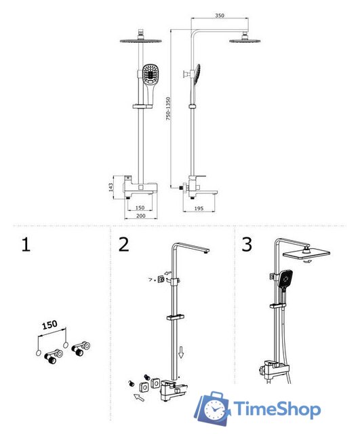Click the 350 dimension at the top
[x=220, y=16]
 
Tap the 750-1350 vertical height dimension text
[x=168, y=108]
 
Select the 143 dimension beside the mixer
[x=111, y=187]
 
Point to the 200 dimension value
[x=140, y=216]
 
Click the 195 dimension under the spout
[x=199, y=208]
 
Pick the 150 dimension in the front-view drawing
[x=140, y=208]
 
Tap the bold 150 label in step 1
[x=49, y=325]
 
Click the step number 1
[x=26, y=244]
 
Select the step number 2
[x=123, y=244]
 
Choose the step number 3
[x=247, y=244]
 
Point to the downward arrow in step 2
[x=181, y=353]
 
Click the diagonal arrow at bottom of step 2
[x=139, y=397]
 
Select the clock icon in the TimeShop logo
[x=214, y=409]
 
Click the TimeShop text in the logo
[x=277, y=408]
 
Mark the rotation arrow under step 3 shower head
[x=307, y=261]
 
